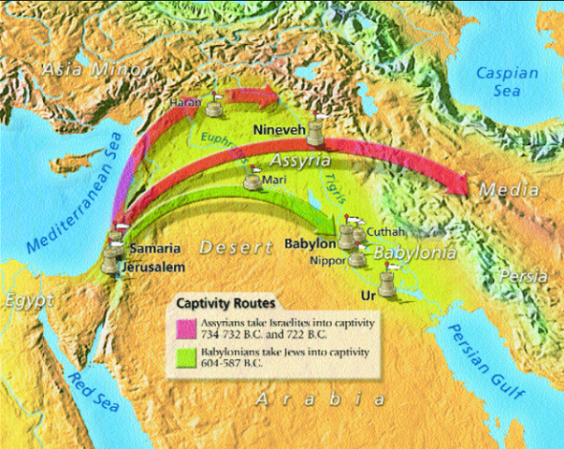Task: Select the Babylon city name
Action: pyautogui.click(x=308, y=245)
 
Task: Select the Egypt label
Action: pyautogui.click(x=23, y=301)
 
